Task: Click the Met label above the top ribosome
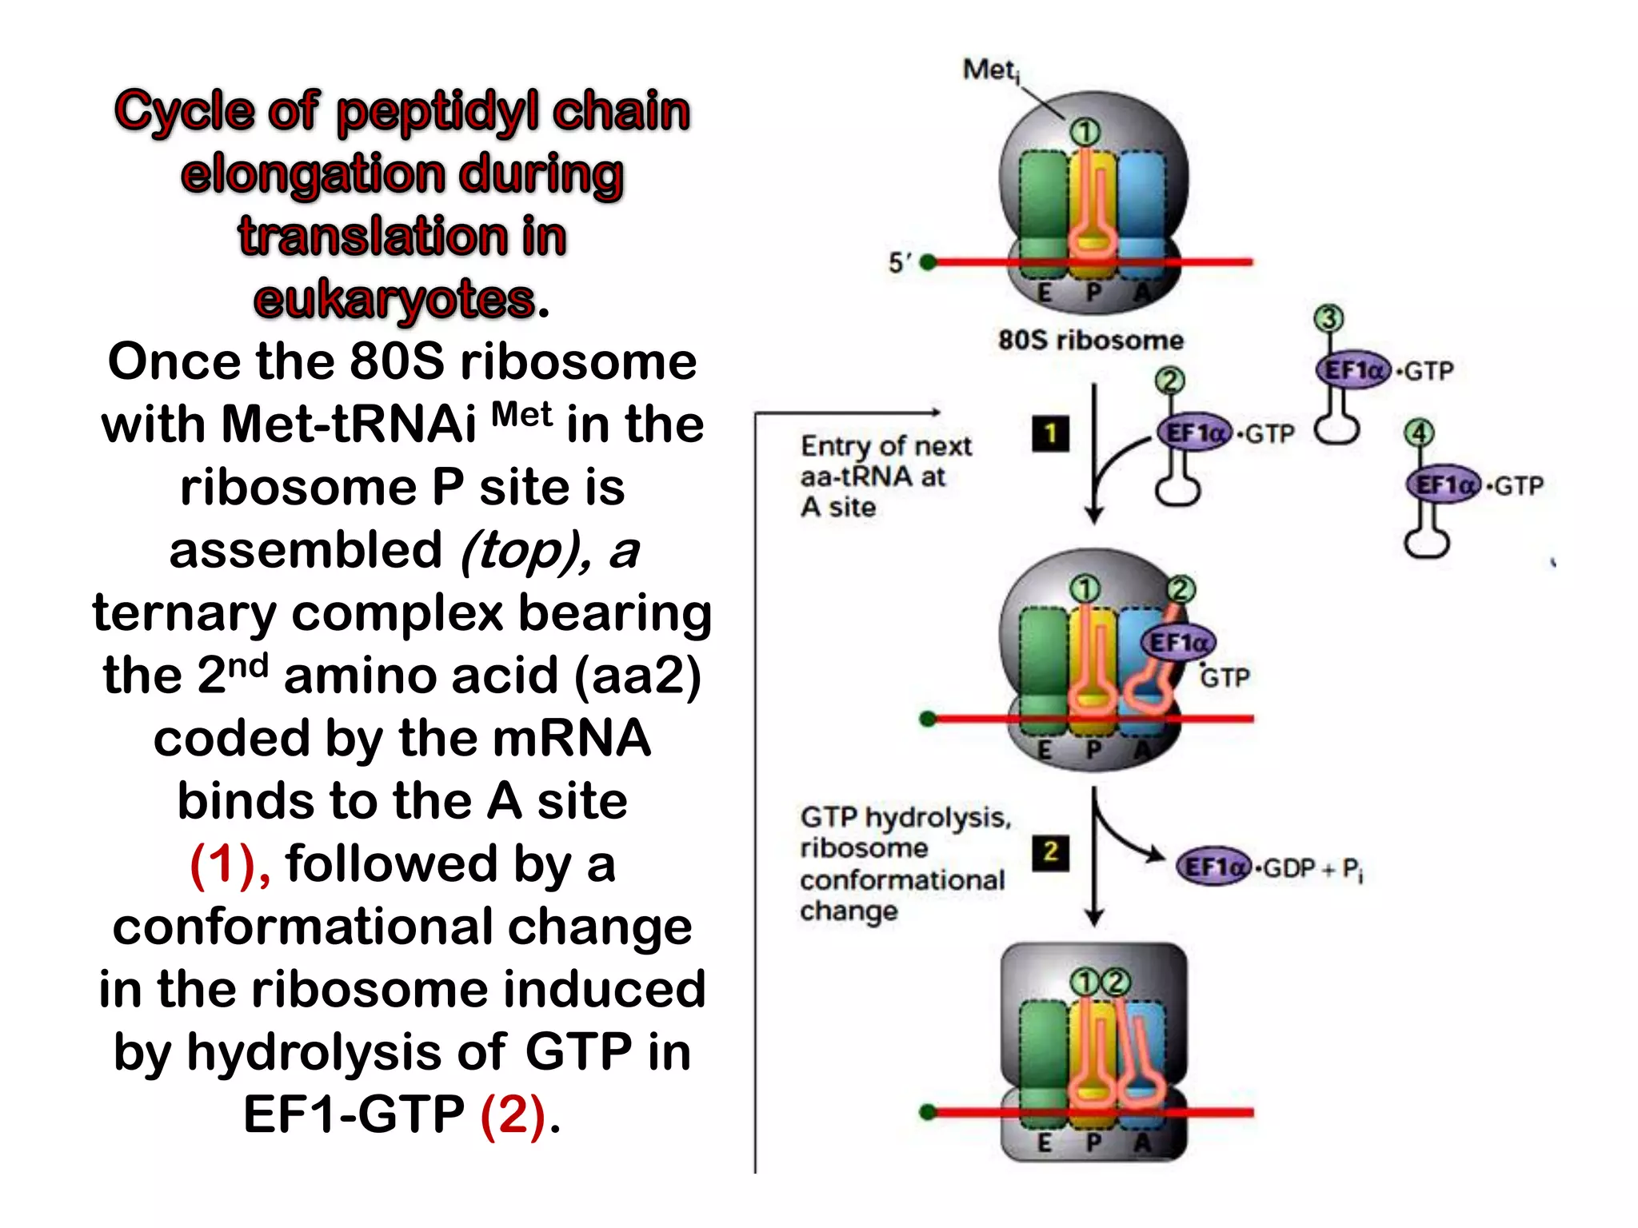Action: [990, 70]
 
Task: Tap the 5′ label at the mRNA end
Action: [900, 262]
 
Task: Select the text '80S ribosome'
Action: [1090, 340]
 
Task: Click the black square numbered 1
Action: [1050, 434]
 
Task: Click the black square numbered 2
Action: [1050, 851]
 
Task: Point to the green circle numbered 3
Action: [1328, 318]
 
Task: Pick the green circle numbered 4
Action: [1419, 433]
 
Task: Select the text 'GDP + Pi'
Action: [1312, 868]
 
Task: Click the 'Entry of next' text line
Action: [885, 445]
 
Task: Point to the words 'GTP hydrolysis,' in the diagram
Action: [905, 817]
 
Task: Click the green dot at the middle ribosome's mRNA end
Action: [928, 719]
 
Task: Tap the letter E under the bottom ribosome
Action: [1044, 1142]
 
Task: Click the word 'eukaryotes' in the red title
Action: [394, 300]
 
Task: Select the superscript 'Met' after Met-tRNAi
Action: [521, 414]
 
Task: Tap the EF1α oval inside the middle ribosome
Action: [1177, 642]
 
